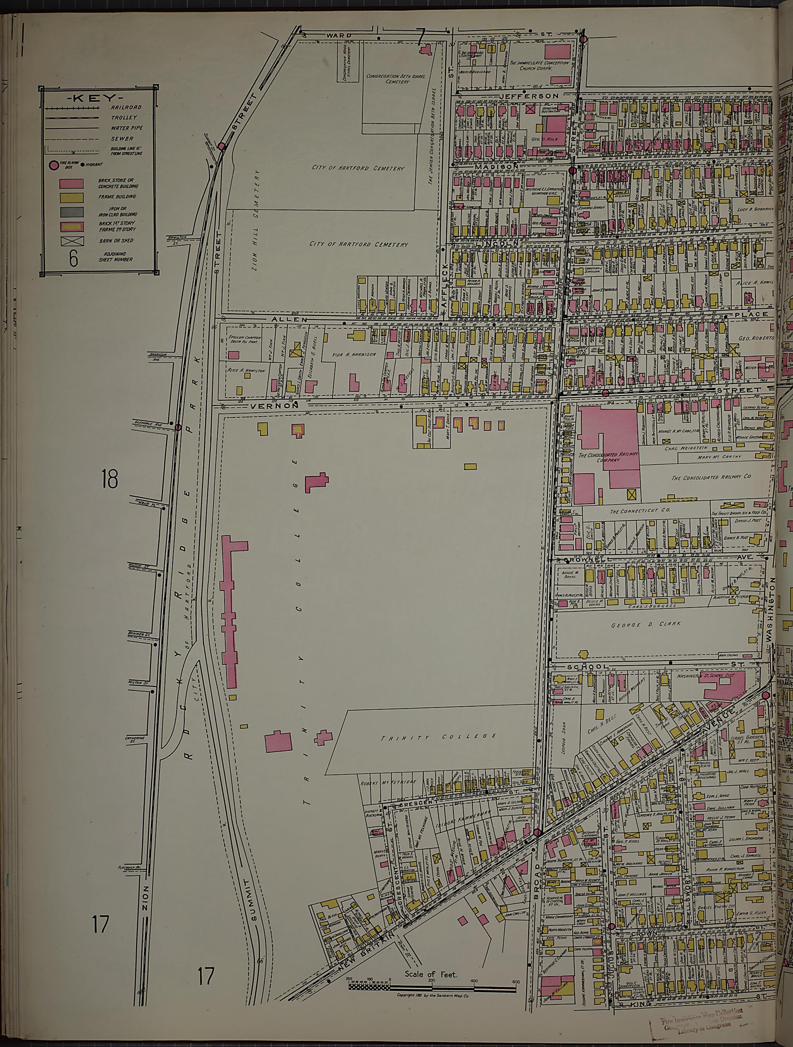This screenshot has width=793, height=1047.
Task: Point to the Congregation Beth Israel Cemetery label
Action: tap(396, 79)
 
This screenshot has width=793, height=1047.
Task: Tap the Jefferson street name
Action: tap(535, 96)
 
